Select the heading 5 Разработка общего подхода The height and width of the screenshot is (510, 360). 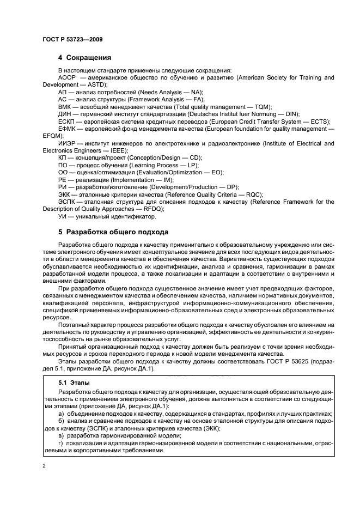click(106, 231)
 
